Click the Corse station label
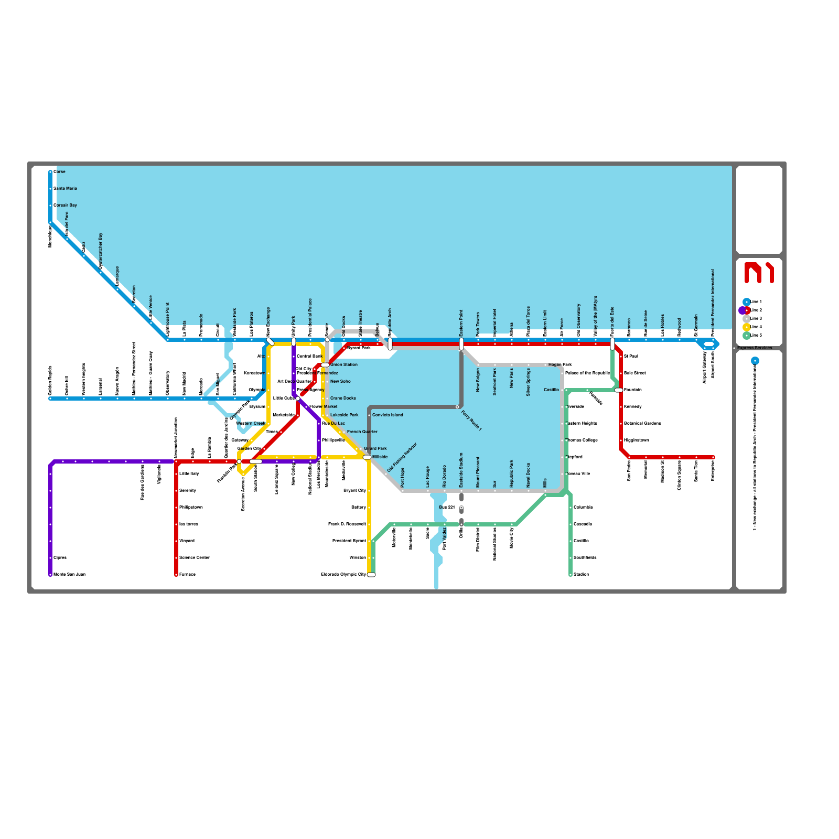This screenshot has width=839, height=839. [x=59, y=171]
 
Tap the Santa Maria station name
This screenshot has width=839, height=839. [x=65, y=188]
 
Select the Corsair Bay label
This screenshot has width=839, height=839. [x=65, y=205]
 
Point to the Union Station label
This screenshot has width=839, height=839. [x=344, y=364]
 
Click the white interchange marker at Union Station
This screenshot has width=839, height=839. [x=325, y=365]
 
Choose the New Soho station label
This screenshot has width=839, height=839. [x=340, y=381]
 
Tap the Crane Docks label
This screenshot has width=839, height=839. [x=343, y=398]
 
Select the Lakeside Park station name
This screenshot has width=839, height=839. [x=345, y=415]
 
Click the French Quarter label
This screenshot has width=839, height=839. [x=362, y=432]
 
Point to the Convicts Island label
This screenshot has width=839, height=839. [x=388, y=415]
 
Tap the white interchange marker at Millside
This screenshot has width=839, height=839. [x=367, y=457]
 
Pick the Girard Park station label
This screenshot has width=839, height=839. [x=375, y=448]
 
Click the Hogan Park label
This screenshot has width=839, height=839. [x=560, y=364]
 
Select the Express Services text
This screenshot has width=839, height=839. [x=755, y=348]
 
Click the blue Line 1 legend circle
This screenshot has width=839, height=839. [x=746, y=302]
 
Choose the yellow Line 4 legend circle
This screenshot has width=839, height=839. [x=746, y=327]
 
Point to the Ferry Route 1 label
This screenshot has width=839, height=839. [x=471, y=421]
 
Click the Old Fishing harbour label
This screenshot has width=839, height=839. [x=402, y=457]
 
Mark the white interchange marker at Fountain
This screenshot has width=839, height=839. [x=619, y=390]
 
